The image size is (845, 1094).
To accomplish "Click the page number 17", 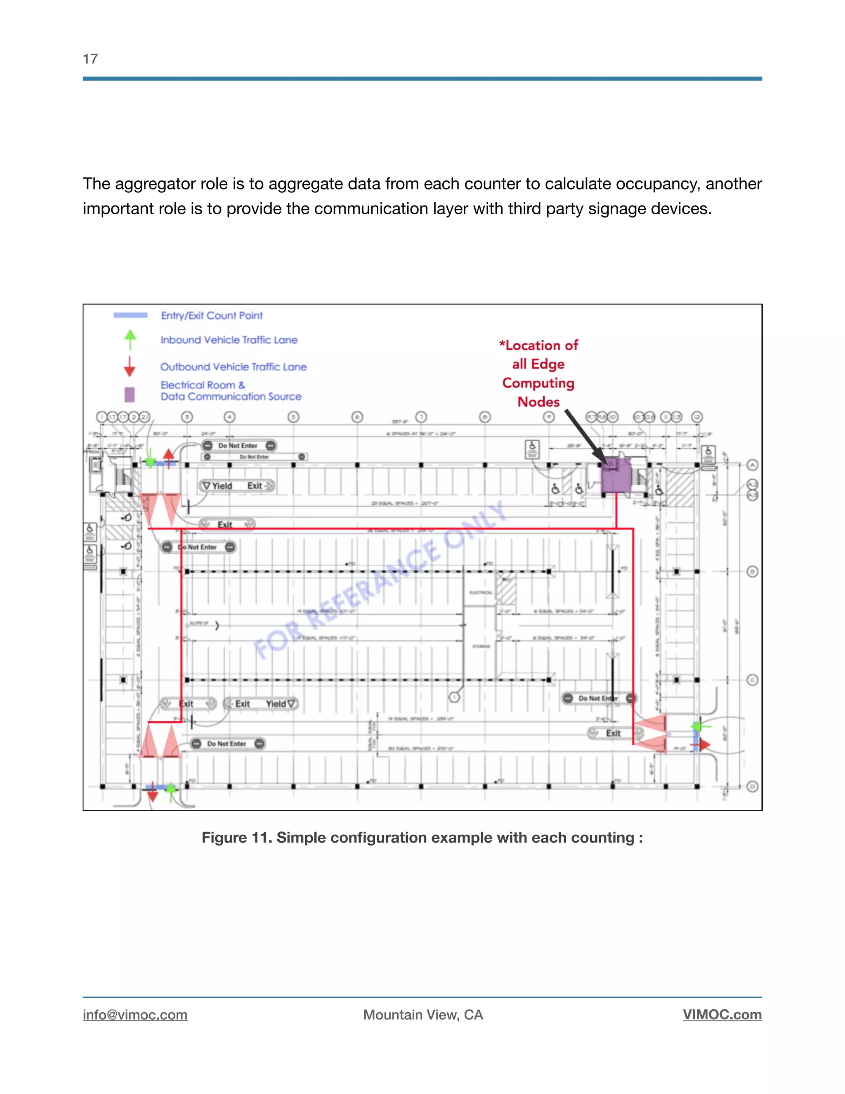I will click(x=90, y=59).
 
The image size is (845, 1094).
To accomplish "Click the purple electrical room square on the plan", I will click(x=615, y=476).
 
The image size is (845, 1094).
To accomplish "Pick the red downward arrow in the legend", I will click(x=130, y=367).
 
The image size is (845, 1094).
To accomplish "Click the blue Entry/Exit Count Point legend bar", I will click(x=130, y=315).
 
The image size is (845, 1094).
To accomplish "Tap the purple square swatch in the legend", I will click(x=130, y=394).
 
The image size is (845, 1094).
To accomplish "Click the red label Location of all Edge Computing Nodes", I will click(x=538, y=373).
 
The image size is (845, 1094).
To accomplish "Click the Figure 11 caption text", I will click(x=422, y=838).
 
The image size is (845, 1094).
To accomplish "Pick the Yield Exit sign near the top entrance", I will click(x=237, y=486).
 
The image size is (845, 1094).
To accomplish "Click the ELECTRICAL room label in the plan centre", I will click(x=481, y=592).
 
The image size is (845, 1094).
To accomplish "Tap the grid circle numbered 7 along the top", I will click(x=421, y=417).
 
